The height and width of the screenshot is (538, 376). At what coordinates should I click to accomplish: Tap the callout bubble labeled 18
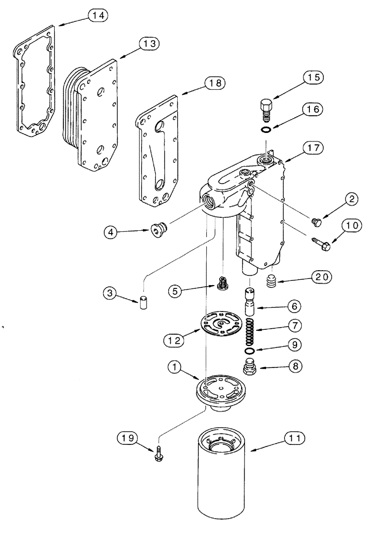point(214,83)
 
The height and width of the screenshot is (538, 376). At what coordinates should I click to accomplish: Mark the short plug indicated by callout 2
point(316,221)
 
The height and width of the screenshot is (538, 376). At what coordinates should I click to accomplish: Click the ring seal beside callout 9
point(249,351)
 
